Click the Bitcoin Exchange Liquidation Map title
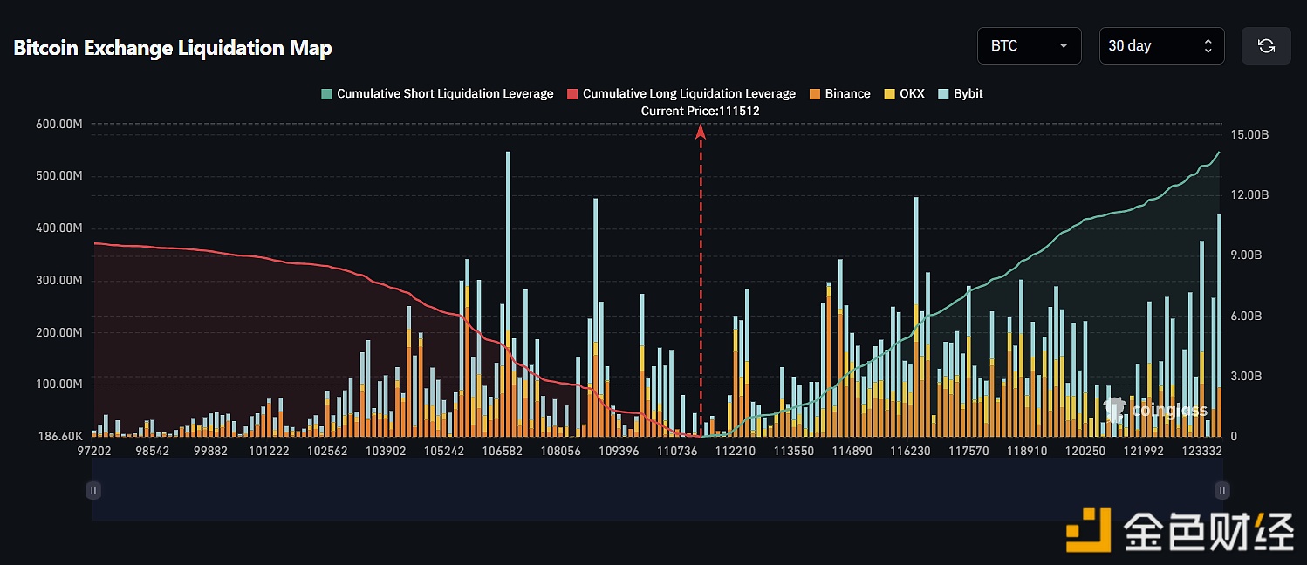tap(173, 48)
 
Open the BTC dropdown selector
tap(1029, 46)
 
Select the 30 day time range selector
tap(1160, 46)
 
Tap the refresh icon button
tap(1266, 46)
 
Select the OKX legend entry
tap(904, 93)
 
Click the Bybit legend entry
tap(961, 93)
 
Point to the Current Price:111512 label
tap(700, 111)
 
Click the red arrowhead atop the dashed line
tap(700, 131)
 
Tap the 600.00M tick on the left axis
tap(59, 124)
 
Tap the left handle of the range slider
tap(93, 491)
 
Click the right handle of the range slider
tap(1222, 491)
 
